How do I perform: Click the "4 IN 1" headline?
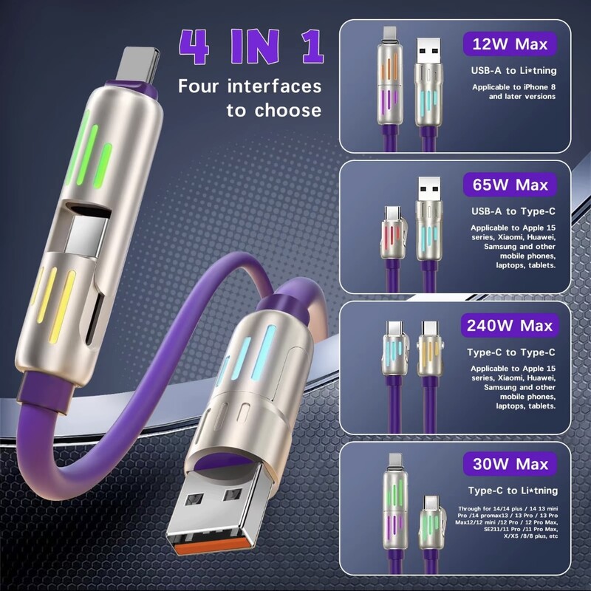251,46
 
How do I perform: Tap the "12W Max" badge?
509,44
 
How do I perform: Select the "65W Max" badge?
509,184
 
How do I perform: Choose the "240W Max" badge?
509,324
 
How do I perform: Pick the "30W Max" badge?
509,465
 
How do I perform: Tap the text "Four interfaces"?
250,86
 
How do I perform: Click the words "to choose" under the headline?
274,111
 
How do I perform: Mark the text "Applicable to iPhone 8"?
514,87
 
